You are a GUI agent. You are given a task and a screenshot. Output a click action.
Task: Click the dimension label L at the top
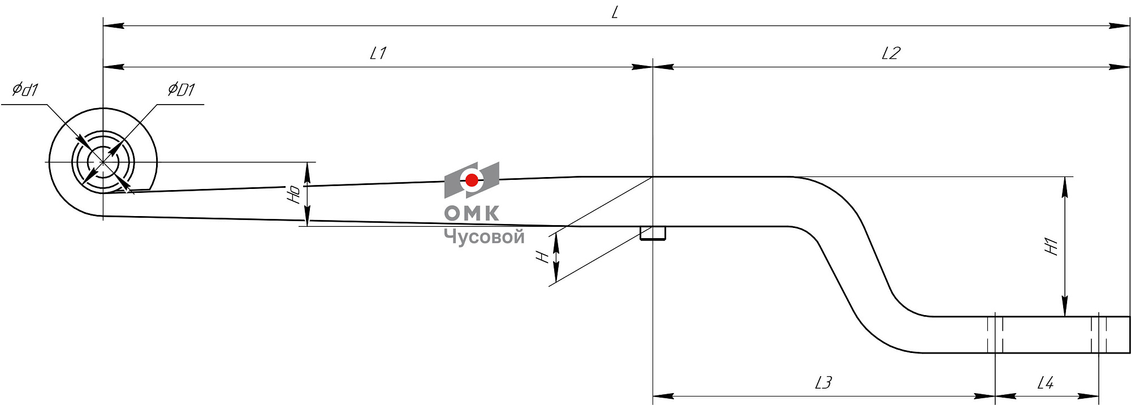pos(615,13)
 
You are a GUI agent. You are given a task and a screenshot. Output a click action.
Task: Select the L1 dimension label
pos(378,54)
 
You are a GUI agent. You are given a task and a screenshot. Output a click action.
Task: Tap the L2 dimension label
pos(891,54)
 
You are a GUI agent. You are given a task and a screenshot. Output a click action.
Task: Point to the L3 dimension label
pos(823,384)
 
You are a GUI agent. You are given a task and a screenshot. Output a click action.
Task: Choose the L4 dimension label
pos(1046,384)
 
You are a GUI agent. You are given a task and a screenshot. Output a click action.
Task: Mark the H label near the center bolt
pos(543,257)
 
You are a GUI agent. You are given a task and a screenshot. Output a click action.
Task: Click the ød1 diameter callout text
pos(25,89)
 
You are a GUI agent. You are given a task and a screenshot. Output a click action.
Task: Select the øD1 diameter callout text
pos(181,89)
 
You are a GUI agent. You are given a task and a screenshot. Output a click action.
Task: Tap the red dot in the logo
pos(472,180)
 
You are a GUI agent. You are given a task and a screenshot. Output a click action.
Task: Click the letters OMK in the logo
pos(472,213)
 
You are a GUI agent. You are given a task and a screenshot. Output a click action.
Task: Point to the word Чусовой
pos(484,236)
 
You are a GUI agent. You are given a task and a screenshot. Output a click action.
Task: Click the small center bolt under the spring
pos(653,233)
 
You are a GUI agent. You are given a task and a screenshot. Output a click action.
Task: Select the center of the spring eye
pos(103,162)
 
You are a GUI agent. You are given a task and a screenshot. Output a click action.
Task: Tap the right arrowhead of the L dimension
pos(1119,26)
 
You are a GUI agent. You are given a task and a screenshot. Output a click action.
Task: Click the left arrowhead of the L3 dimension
pos(663,396)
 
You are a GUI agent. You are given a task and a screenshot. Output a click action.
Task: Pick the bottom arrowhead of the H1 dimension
pos(1065,308)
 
